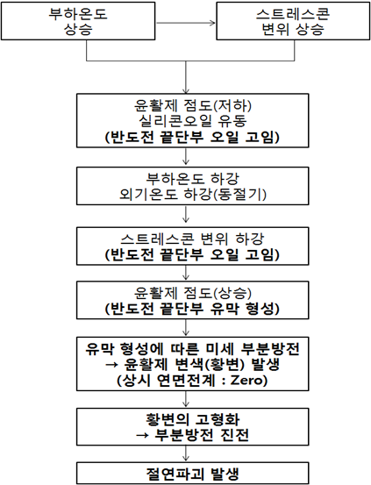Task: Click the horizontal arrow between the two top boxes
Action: tap(185, 23)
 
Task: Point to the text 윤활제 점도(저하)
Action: tap(193, 106)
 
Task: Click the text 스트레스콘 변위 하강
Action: tap(192, 239)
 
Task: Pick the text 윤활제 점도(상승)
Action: tap(193, 293)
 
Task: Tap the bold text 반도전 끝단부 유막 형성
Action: tap(192, 309)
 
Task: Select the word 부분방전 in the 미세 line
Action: tap(270, 349)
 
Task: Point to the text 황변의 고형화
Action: tap(192, 419)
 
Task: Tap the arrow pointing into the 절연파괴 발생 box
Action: tap(186, 453)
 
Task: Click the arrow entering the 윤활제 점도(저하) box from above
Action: tap(186, 77)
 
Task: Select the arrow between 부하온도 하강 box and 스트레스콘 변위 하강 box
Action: tap(186, 214)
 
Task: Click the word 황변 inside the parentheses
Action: tap(225, 364)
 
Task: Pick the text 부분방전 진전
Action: tap(202, 435)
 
